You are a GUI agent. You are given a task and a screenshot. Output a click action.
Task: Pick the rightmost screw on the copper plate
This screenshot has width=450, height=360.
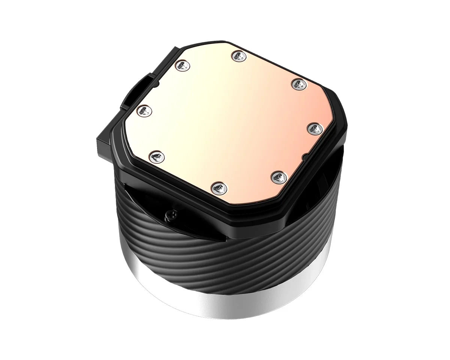pos(315,129)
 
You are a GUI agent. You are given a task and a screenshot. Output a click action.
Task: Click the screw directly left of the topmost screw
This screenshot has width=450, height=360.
pos(183,66)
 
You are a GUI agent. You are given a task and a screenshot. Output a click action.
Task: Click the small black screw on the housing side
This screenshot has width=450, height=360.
pos(168,215)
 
